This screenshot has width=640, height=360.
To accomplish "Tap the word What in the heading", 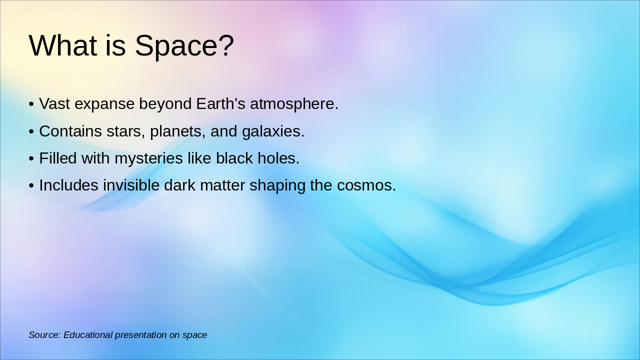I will coord(62,45).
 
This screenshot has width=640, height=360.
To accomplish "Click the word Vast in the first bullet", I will coord(54,104).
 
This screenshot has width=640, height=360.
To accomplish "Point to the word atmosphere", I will coord(294,104).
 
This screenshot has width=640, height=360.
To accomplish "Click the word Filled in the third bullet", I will coord(58,158).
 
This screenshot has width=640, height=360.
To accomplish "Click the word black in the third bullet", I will coord(234,158).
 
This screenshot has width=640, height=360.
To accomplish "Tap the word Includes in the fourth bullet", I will coord(69,185).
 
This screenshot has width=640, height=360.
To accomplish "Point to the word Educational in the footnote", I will coord(88,335).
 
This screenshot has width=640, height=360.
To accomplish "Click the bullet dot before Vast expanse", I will coord(31,104).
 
